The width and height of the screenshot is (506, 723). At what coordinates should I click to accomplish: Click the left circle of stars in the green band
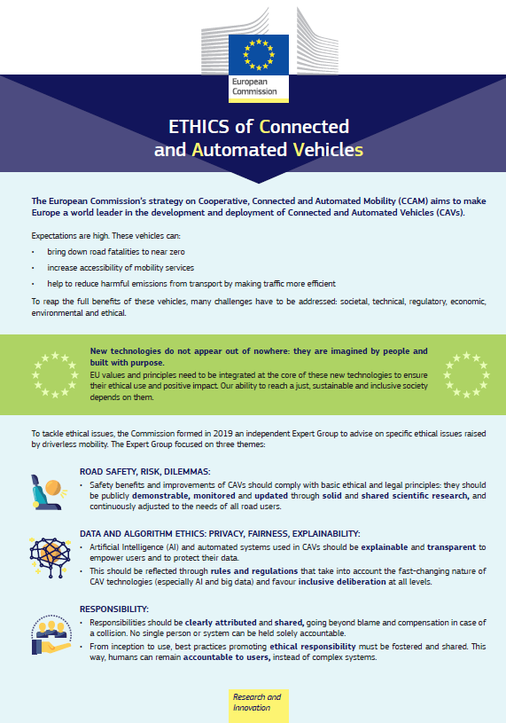[x=55, y=374]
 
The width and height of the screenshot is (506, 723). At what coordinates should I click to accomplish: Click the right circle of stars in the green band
[x=466, y=374]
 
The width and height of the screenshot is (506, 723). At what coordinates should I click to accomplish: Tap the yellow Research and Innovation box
[x=257, y=703]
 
